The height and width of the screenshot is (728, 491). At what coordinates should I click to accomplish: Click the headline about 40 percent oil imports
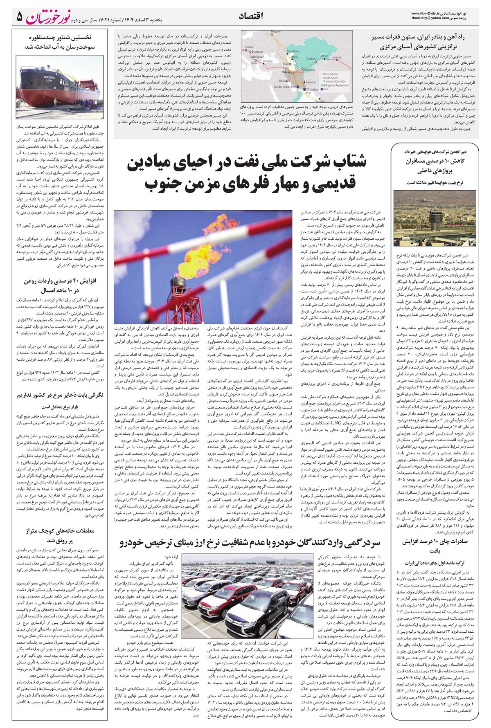click(55, 284)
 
